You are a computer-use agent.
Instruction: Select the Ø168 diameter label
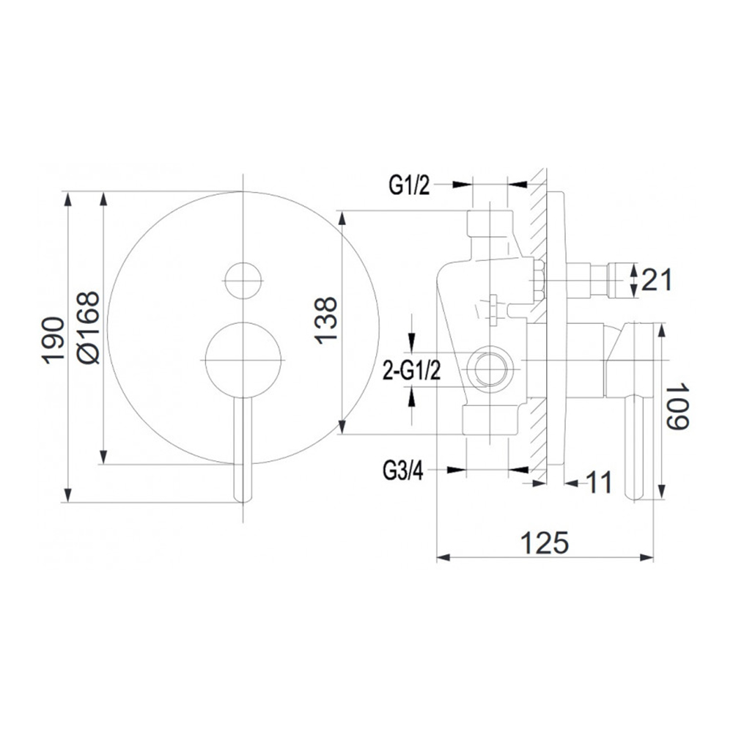[x=89, y=327]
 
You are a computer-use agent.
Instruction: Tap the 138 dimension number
[x=325, y=321]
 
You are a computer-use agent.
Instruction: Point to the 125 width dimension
[x=545, y=542]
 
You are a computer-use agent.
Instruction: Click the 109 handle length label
[x=678, y=406]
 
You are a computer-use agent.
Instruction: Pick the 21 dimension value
[x=657, y=279]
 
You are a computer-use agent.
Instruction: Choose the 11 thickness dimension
[x=598, y=482]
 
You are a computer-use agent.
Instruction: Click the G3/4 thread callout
[x=403, y=471]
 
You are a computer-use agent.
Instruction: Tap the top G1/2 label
[x=409, y=185]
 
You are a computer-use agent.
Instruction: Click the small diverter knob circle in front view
[x=243, y=281]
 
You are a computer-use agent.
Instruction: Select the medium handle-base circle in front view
[x=243, y=360]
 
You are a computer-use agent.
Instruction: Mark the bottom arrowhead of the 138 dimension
[x=342, y=427]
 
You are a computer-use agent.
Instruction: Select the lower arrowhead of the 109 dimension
[x=662, y=491]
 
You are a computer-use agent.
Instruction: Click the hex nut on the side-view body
[x=538, y=281]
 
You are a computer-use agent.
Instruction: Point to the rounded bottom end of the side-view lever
[x=634, y=495]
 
